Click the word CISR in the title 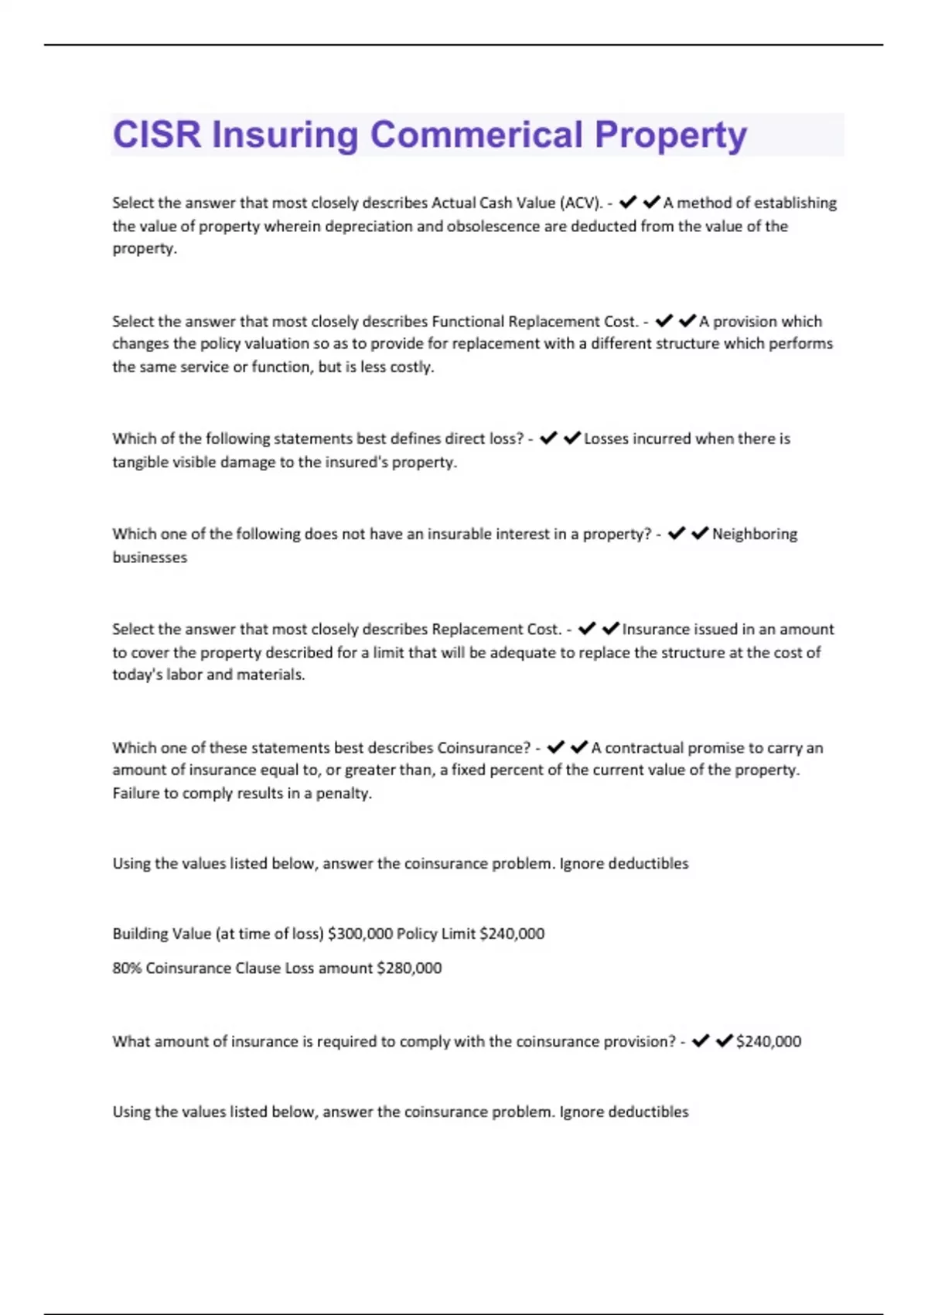[x=157, y=135]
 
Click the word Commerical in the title [x=476, y=135]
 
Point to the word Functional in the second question [x=468, y=321]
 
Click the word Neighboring [x=755, y=534]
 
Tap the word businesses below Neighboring [x=150, y=557]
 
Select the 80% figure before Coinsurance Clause [x=127, y=968]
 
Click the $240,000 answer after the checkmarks [x=769, y=1041]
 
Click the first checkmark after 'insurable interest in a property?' [x=677, y=534]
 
